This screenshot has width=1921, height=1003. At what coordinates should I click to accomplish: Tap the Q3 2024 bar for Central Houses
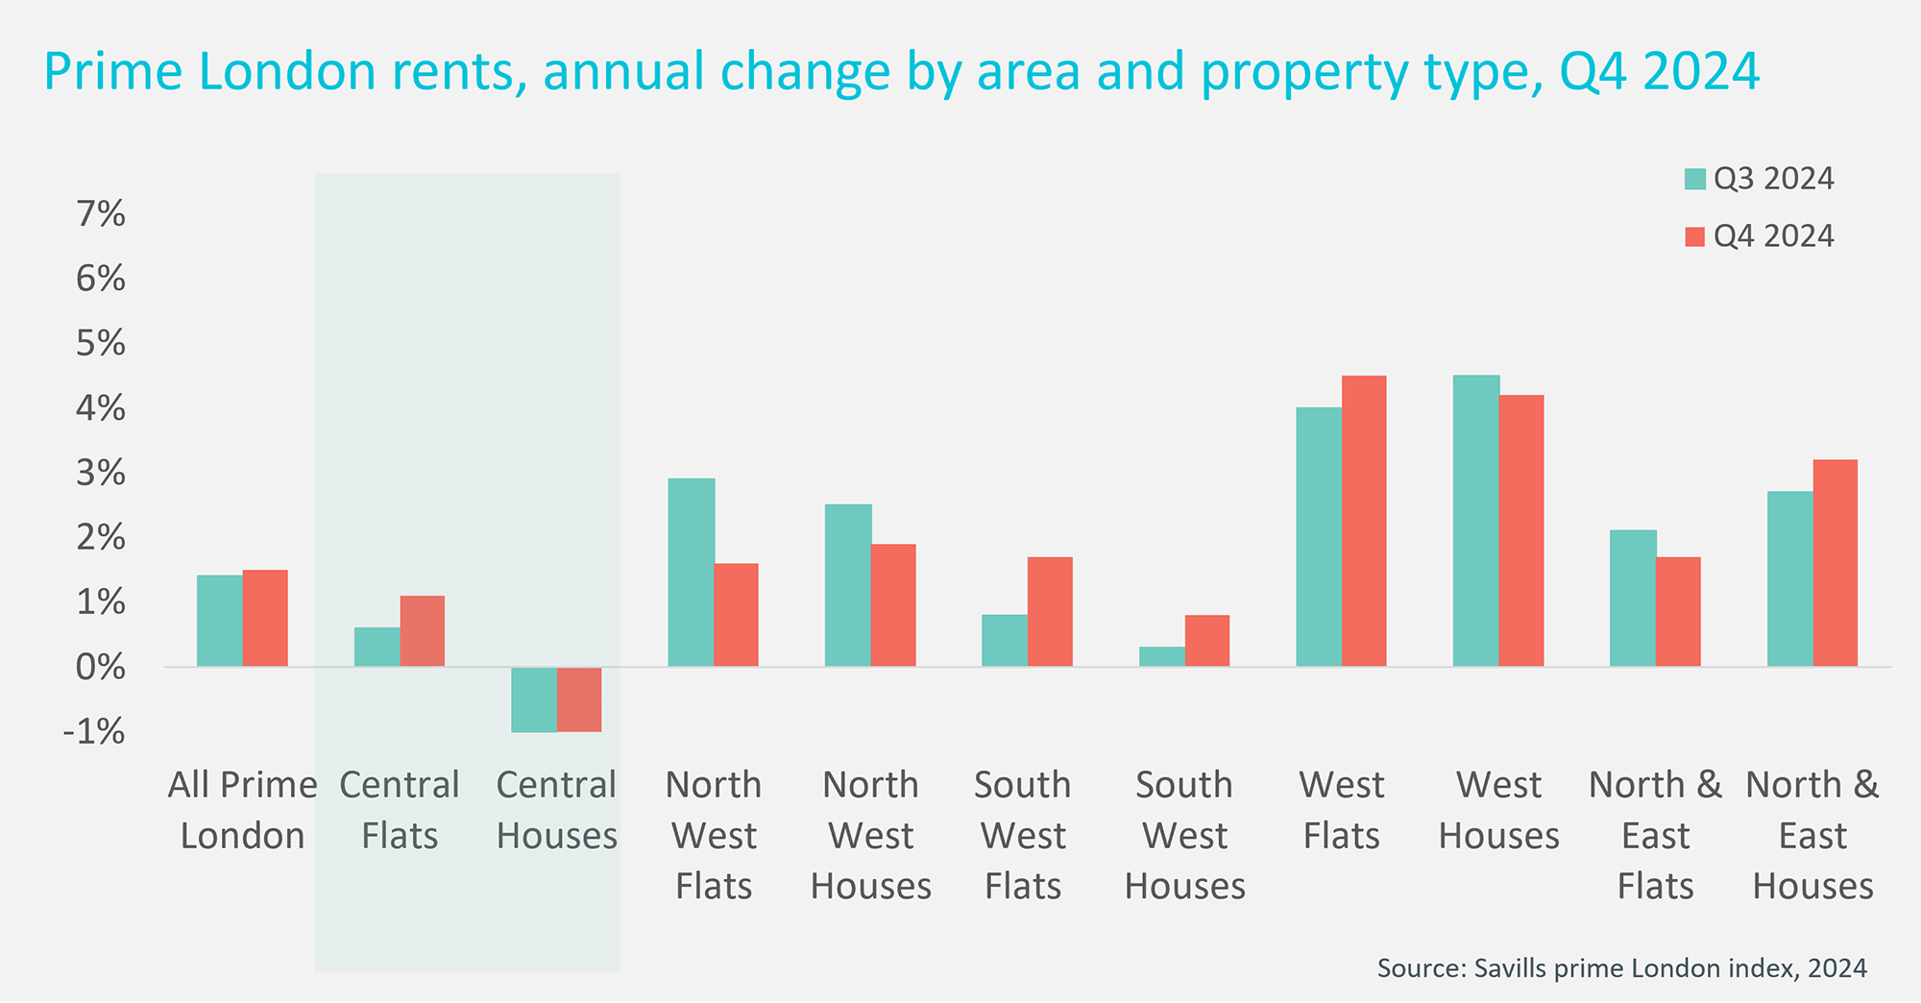(x=534, y=699)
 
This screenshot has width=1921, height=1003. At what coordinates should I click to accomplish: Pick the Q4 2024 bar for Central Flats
(x=423, y=631)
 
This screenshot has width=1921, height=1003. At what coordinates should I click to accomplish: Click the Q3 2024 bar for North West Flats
(x=692, y=573)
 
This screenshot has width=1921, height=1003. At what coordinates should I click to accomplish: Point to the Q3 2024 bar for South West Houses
(x=1162, y=657)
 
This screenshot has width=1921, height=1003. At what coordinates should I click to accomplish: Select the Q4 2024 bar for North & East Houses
(x=1836, y=563)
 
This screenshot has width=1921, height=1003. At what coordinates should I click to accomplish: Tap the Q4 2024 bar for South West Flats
(x=1050, y=612)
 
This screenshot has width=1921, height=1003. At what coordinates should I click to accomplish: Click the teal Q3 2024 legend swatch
(x=1695, y=180)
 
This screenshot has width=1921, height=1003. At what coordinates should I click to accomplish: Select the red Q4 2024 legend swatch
(x=1695, y=236)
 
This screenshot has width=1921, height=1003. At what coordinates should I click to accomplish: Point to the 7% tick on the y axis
(x=101, y=214)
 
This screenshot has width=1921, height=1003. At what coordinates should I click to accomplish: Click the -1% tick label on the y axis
(x=94, y=732)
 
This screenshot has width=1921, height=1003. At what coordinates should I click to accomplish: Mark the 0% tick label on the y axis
(x=101, y=667)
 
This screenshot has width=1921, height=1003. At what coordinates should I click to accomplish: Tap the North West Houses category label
(x=870, y=835)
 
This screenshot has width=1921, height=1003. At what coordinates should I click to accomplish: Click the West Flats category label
(x=1341, y=810)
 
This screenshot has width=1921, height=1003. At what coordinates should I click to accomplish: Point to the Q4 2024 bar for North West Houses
(x=893, y=605)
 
